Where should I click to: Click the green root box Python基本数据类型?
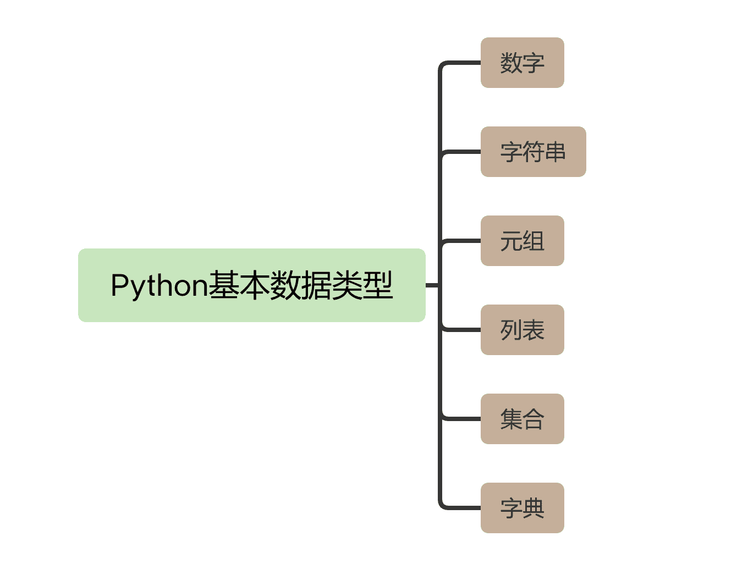251,285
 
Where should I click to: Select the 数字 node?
522,63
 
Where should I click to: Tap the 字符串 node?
533,152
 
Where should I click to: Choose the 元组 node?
522,241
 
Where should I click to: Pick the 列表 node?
522,330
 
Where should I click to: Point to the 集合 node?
522,419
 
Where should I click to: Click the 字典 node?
522,508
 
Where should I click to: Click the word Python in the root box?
159,286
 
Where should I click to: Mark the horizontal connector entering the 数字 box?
462,63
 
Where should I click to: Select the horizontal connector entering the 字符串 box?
462,152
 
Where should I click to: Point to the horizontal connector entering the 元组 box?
462,241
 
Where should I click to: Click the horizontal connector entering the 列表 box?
462,330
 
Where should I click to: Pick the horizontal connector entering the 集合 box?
462,419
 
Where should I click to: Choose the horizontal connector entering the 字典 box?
462,508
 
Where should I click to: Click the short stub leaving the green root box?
432,285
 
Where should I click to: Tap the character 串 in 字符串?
555,152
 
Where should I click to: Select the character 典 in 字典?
533,508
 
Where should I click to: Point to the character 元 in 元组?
511,241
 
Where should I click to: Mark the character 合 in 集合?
533,419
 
